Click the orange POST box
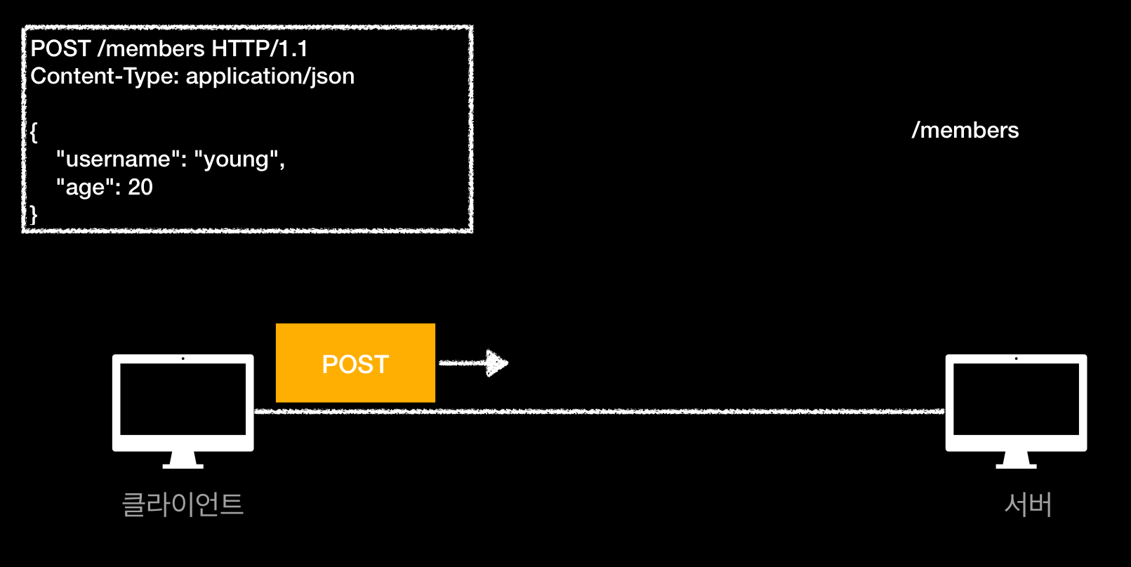coord(355,363)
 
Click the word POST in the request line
coord(60,48)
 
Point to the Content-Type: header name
coord(105,76)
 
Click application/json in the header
coord(270,76)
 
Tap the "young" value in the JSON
coord(239,159)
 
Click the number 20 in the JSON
coord(140,187)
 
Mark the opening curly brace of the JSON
coord(34,131)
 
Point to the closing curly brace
coord(34,214)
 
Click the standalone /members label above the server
coord(965,130)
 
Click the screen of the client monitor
coord(183,398)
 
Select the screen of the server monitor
coord(1016,398)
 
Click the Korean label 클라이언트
coord(183,504)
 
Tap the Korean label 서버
coord(1028,504)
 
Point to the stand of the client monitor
coord(183,460)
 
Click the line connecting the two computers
coord(597,411)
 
